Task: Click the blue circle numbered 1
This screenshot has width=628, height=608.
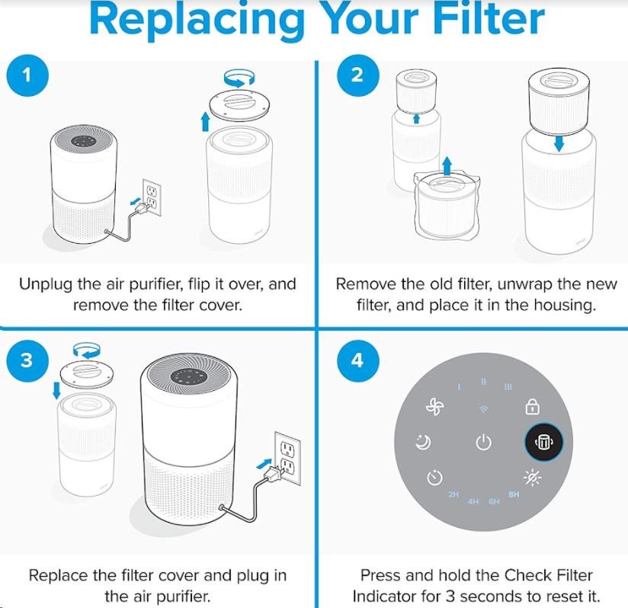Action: tap(27, 75)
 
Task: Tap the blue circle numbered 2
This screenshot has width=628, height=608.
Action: tap(357, 75)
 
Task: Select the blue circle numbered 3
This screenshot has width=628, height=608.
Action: tap(27, 360)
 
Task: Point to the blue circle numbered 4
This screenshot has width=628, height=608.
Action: tap(357, 360)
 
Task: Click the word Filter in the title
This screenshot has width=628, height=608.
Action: tap(489, 19)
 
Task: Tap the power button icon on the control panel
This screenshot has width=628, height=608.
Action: tap(483, 443)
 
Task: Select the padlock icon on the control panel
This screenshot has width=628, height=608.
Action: tap(532, 407)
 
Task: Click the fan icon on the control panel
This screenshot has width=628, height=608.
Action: tap(435, 408)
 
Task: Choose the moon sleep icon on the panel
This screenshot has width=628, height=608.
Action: tap(423, 442)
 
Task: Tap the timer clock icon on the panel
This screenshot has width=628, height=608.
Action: tap(434, 477)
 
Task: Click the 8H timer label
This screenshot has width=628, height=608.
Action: tap(514, 494)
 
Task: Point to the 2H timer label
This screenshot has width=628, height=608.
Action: tap(453, 494)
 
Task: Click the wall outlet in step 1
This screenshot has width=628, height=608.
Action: tap(152, 197)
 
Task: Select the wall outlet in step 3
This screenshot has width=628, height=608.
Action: tap(287, 458)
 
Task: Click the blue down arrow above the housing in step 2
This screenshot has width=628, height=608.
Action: tap(559, 144)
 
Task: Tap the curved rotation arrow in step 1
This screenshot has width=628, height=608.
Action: tap(239, 78)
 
